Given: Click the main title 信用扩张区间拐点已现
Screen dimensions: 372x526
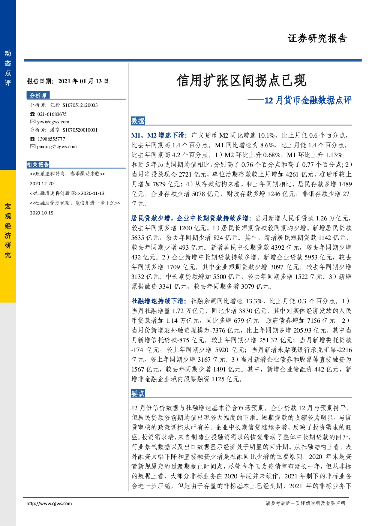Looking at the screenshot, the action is click(x=241, y=80).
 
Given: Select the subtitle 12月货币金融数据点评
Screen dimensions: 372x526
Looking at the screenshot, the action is click(x=308, y=100).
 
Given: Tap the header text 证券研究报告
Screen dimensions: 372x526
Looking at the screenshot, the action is click(x=317, y=39).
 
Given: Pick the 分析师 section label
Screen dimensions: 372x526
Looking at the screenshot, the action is click(x=38, y=95).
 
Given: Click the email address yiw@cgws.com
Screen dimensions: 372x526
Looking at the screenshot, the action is click(x=53, y=122).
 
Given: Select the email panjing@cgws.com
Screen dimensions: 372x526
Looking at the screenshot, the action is click(x=57, y=147).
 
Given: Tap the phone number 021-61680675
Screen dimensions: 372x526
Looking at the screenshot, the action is click(x=52, y=114).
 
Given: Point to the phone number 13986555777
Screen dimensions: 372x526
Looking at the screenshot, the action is click(x=51, y=139).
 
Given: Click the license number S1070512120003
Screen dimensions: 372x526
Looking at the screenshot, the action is click(x=80, y=105).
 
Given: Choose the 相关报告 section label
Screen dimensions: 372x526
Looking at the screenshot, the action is click(x=38, y=164).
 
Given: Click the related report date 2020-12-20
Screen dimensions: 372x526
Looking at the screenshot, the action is click(x=42, y=184).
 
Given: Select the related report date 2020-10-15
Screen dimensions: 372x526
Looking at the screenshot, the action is click(x=42, y=213).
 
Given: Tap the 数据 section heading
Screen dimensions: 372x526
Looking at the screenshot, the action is click(x=138, y=121).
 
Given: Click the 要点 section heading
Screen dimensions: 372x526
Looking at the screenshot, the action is click(x=138, y=393).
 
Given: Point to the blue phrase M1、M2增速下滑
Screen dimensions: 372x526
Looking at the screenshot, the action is click(x=159, y=135).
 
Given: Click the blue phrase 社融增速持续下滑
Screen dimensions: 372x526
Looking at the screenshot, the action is click(x=159, y=301).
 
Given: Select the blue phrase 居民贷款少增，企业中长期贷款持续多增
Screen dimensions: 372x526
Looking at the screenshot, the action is click(x=191, y=218).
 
